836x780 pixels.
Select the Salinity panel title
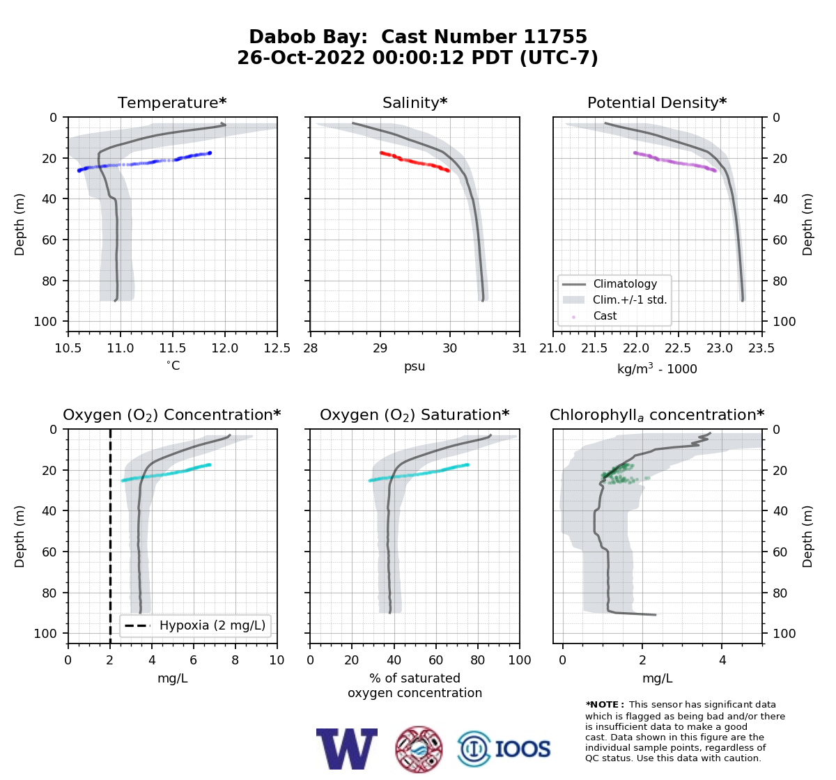pos(415,102)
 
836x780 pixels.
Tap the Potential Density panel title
pos(657,102)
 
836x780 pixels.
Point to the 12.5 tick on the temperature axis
pos(277,348)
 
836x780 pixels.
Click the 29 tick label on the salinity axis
pos(380,348)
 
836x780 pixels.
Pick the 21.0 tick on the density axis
pos(553,348)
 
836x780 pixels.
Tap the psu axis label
pos(415,366)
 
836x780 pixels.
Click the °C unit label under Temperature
pos(173,365)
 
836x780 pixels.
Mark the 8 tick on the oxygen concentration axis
pos(235,660)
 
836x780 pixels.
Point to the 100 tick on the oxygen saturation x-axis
pos(520,660)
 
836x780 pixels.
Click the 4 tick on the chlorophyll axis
pos(722,660)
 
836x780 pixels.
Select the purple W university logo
pos(347,749)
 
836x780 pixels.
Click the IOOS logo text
pos(522,749)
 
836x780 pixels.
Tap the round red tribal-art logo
pos(419,749)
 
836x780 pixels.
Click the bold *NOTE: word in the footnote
pos(602,705)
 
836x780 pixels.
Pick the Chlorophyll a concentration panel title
pos(657,415)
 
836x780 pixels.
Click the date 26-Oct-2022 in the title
pos(301,58)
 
